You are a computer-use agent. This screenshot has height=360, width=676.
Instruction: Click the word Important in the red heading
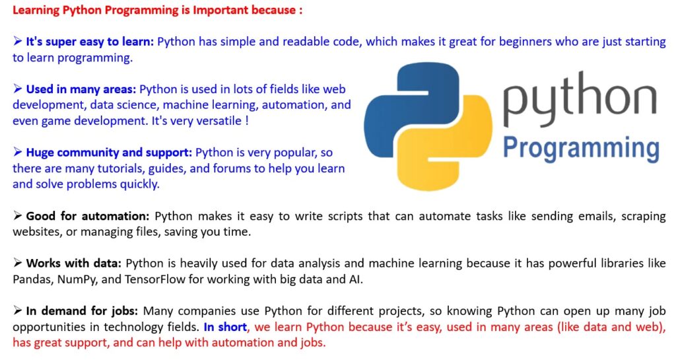220,10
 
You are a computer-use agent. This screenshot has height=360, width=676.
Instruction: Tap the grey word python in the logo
580,100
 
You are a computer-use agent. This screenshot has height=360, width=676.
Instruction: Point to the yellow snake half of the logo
448,147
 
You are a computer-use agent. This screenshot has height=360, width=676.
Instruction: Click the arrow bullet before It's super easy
18,41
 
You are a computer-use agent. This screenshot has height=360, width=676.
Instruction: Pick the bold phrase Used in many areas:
81,89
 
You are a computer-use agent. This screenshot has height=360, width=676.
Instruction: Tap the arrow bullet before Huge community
18,152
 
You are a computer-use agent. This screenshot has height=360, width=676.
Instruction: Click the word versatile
219,121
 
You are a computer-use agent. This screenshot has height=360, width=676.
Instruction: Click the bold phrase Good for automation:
88,216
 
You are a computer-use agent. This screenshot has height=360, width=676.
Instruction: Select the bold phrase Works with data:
74,264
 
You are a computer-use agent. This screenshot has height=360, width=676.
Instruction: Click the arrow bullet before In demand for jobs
18,310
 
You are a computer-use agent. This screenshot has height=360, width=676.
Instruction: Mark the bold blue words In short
226,327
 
